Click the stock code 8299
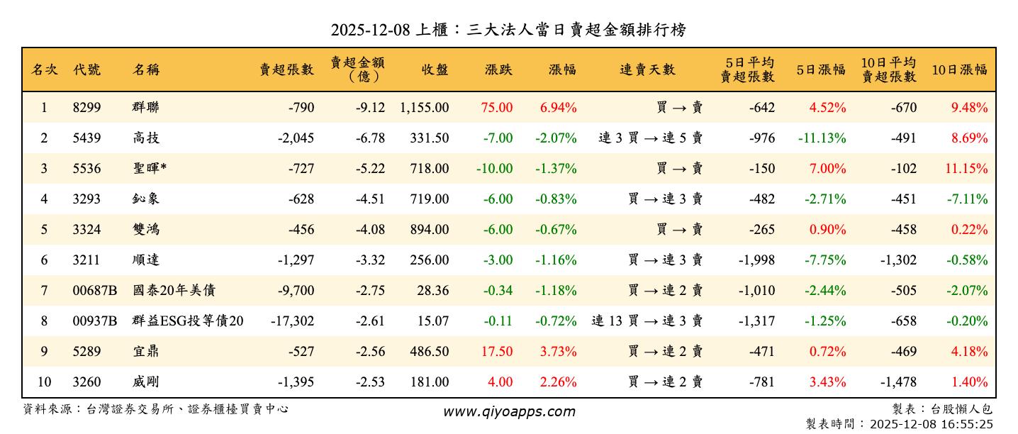coord(87,108)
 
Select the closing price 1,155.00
coord(424,108)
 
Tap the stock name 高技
coord(145,138)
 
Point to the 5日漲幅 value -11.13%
coord(822,138)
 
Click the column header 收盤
coord(435,69)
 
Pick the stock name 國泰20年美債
coord(174,290)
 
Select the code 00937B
coord(94,321)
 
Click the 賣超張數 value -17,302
coord(292,321)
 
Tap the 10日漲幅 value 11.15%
coord(968,169)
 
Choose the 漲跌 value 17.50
coord(497,351)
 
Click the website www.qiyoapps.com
coord(509,411)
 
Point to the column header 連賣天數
coord(647,69)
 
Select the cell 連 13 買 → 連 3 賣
coord(647,321)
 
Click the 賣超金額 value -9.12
coord(370,108)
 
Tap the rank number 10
coord(44,382)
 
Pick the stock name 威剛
coord(145,382)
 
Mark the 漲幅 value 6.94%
coord(558,108)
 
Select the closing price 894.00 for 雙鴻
coord(429,229)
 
